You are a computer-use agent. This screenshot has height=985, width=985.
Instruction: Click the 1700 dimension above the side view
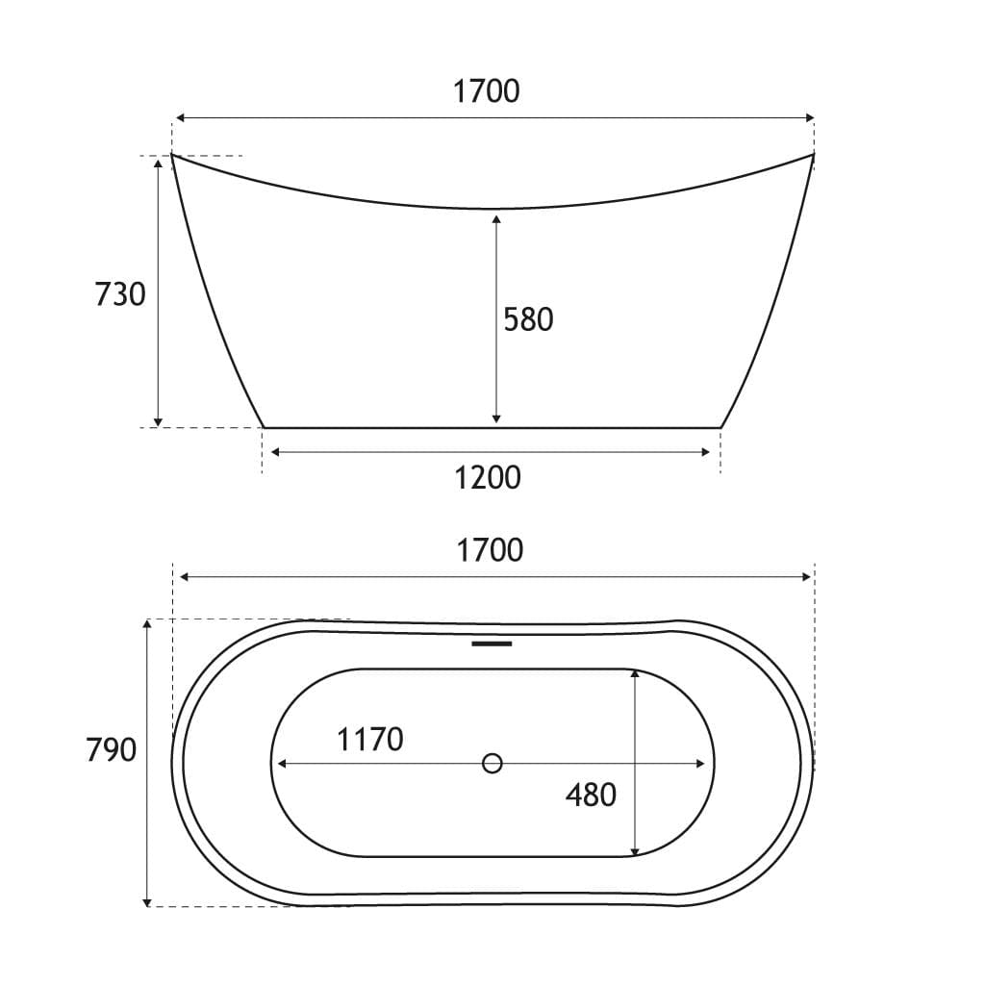[486, 91]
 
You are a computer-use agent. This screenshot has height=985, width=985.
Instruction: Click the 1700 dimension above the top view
[490, 550]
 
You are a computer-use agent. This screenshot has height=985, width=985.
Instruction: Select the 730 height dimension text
[120, 294]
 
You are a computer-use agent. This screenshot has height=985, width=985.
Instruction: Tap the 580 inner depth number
[528, 319]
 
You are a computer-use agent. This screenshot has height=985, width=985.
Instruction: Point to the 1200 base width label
[488, 478]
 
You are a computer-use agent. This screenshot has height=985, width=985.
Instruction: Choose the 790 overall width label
[112, 749]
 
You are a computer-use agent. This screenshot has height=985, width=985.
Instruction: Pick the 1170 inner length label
[370, 740]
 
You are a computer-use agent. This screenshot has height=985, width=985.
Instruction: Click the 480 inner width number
[592, 796]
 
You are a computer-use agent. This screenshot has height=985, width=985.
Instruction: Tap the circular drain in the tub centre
[492, 763]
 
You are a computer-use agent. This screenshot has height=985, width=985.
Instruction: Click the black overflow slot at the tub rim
[492, 644]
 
